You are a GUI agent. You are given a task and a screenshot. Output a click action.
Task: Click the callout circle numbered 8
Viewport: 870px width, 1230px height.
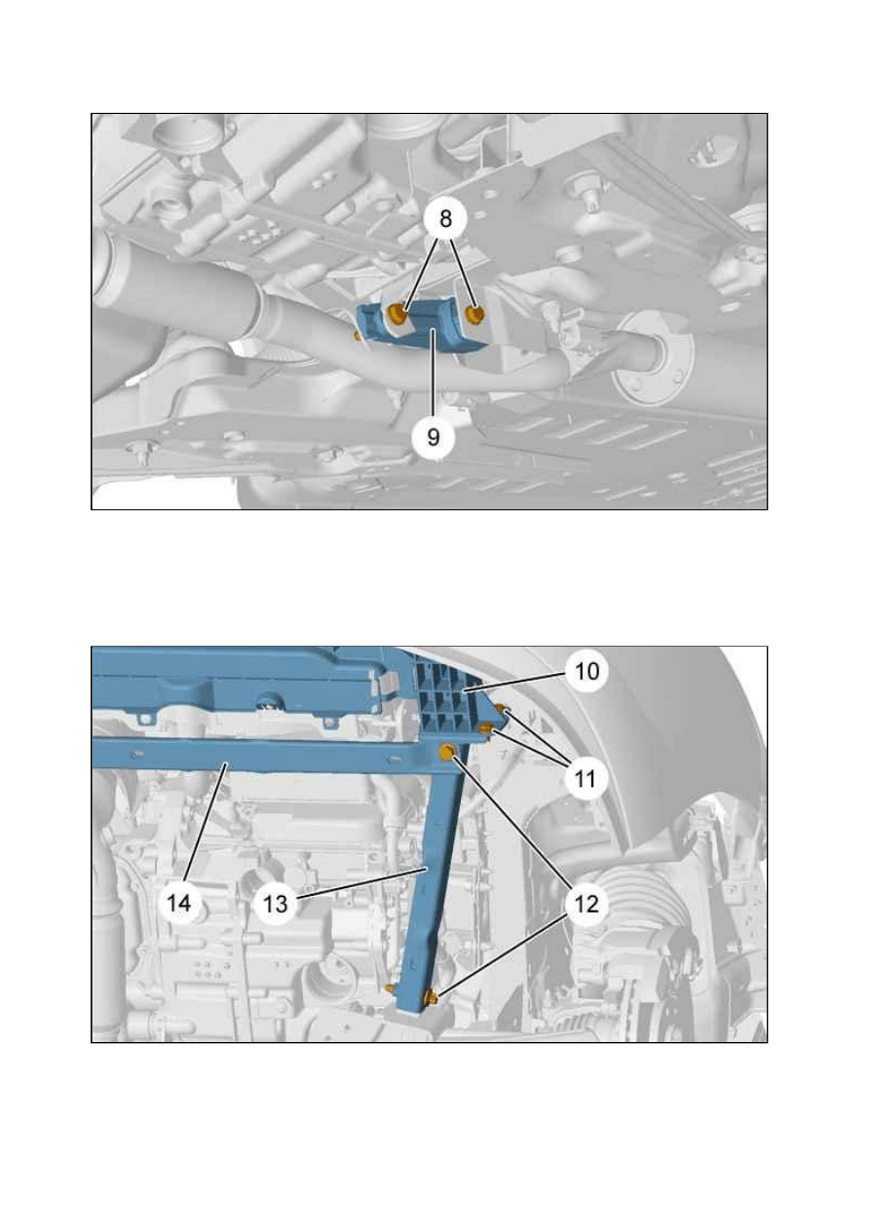pyautogui.click(x=445, y=218)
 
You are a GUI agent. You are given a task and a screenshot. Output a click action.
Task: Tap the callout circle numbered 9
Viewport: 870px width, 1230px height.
pyautogui.click(x=434, y=437)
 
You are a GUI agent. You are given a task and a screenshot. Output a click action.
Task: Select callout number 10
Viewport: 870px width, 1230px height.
pyautogui.click(x=586, y=670)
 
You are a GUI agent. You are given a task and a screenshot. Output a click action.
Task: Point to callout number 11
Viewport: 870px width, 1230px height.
pyautogui.click(x=585, y=777)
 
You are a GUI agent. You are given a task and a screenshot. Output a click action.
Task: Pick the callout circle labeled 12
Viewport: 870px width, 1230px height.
pyautogui.click(x=586, y=905)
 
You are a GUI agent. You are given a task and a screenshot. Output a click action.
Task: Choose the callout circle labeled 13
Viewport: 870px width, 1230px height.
pyautogui.click(x=275, y=904)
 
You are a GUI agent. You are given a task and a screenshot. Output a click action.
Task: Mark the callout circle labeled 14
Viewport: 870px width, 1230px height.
pyautogui.click(x=179, y=903)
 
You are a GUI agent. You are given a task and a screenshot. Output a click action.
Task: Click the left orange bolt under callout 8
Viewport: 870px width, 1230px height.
pyautogui.click(x=397, y=315)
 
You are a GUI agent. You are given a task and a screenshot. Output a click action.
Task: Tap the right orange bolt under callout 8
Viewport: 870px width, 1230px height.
pyautogui.click(x=474, y=315)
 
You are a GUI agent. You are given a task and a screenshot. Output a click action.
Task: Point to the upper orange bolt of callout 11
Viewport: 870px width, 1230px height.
pyautogui.click(x=501, y=709)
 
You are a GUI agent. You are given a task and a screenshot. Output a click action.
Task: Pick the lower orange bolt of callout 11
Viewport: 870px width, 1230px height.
pyautogui.click(x=486, y=728)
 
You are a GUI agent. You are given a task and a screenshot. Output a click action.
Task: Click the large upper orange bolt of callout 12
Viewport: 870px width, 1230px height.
pyautogui.click(x=447, y=752)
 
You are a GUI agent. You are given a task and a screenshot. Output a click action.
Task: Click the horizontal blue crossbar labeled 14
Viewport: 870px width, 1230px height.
pyautogui.click(x=258, y=752)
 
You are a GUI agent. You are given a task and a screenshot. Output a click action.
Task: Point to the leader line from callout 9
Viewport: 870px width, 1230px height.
pyautogui.click(x=434, y=373)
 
